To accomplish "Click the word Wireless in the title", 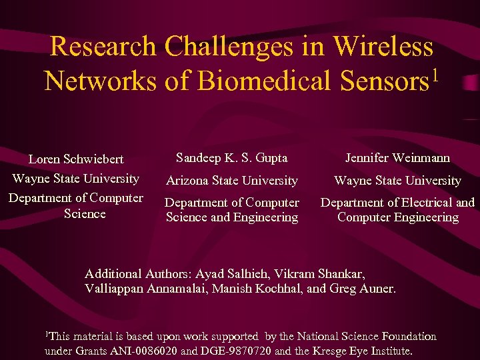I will pos(383,47).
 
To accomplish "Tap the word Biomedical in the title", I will pos(266,81).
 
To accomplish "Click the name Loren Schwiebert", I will pos(75,159).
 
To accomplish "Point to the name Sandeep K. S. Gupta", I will pos(231,158).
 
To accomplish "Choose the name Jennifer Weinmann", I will pos(397,158).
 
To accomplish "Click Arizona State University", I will pos(231,181).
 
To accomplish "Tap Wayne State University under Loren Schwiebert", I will pos(75,179).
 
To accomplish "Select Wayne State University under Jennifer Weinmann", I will pos(397,181).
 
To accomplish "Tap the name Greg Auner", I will pos(371,289).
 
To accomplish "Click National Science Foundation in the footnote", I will pos(366,337).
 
